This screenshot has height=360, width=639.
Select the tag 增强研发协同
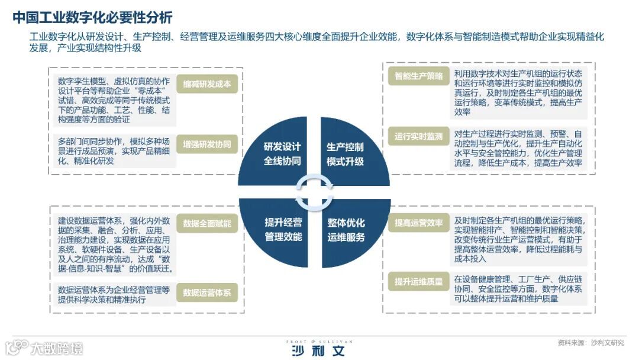[x=207, y=143]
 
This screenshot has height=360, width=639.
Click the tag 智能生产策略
[x=419, y=76]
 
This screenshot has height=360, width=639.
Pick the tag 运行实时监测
[x=419, y=136]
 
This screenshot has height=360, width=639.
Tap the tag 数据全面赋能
[x=207, y=224]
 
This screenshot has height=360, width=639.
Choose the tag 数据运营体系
[x=207, y=292]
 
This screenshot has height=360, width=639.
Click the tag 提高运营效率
[x=419, y=223]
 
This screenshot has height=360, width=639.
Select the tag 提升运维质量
[x=419, y=282]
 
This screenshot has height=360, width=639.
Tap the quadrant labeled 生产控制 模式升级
[x=346, y=154]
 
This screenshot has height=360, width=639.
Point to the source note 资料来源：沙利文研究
[x=591, y=343]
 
